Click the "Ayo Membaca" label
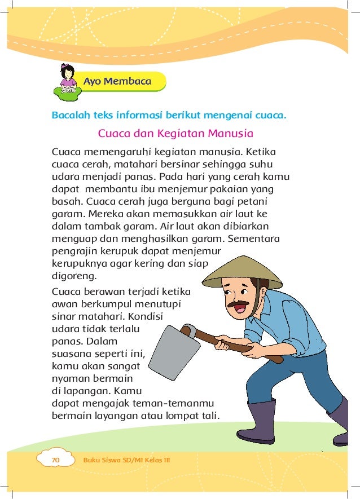tap(117, 81)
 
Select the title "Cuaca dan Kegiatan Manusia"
tap(175, 134)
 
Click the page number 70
tap(55, 460)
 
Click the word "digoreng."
tap(74, 277)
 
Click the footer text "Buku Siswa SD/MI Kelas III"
tap(126, 460)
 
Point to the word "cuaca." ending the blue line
tap(271, 117)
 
